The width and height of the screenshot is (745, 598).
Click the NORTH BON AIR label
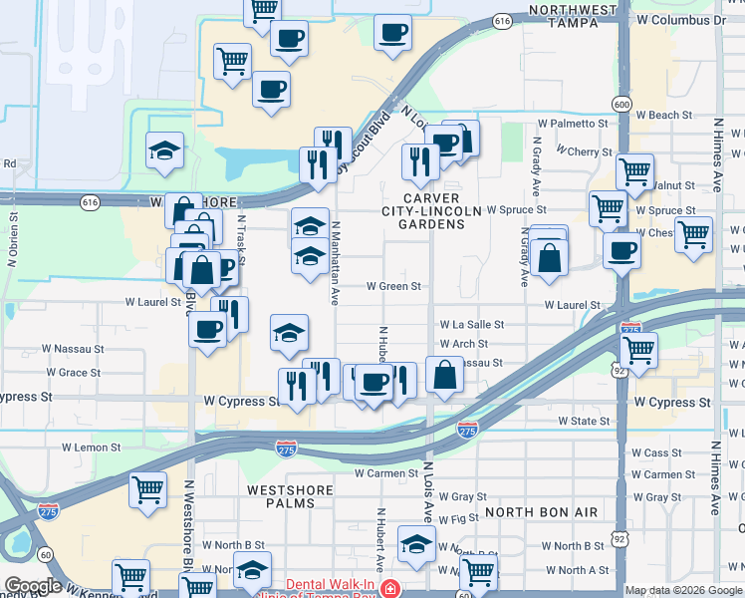tap(541, 511)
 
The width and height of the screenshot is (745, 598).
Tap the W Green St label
tap(394, 286)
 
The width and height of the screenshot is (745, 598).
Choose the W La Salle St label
tap(472, 325)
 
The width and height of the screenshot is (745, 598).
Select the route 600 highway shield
tap(621, 105)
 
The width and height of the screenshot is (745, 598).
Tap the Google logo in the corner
tap(33, 586)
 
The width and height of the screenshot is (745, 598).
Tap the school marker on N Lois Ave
tap(416, 544)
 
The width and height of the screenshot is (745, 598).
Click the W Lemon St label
tap(91, 448)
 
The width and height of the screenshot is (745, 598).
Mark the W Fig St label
tap(458, 520)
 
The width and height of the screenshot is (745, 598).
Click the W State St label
tap(584, 422)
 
